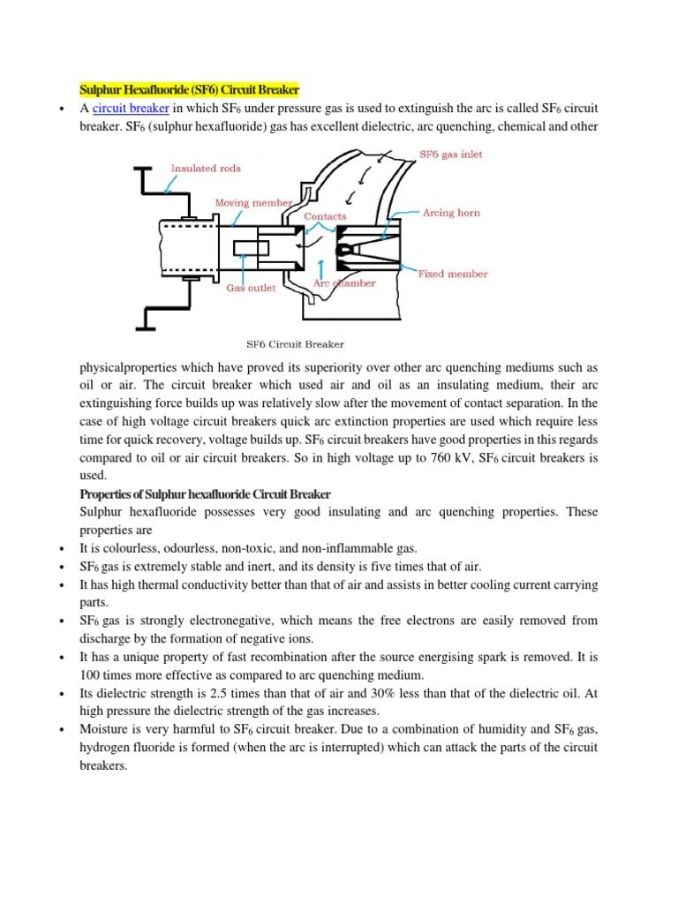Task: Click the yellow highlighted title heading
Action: pos(190,90)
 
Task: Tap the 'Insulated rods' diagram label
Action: pos(206,168)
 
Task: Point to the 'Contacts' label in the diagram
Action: pos(325,215)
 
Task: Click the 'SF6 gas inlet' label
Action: pos(450,154)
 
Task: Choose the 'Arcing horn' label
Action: pos(451,213)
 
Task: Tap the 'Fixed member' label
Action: pos(452,274)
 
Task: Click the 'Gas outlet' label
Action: pos(251,288)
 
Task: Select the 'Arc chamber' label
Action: pos(345,283)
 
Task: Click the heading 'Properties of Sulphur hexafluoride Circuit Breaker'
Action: pos(205,493)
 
